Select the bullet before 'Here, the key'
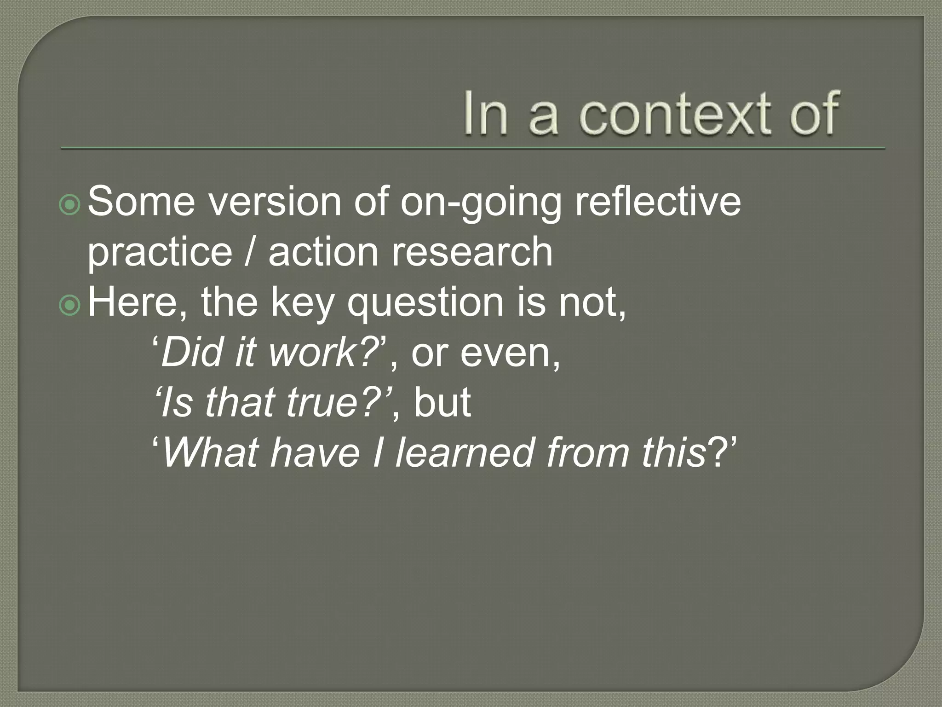tap(70, 305)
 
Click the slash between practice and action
tap(250, 252)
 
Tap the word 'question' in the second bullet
tap(425, 304)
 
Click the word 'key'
tap(302, 304)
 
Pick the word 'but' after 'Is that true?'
tap(442, 403)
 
